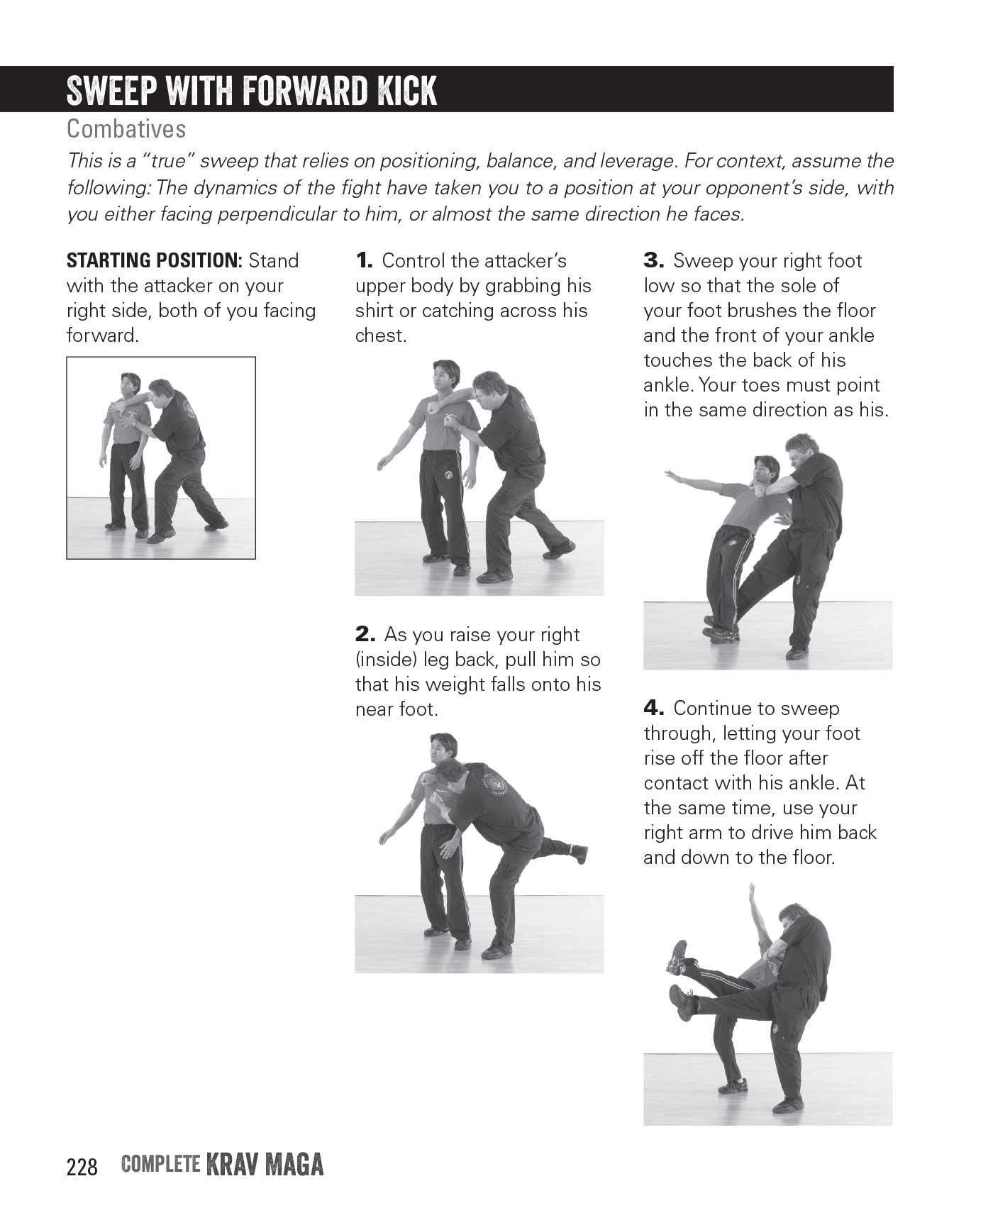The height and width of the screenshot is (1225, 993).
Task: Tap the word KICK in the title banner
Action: point(404,91)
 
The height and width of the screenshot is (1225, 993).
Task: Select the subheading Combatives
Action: point(126,129)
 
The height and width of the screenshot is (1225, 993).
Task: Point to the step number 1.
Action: point(364,261)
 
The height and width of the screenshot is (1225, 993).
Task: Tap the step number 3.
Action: point(653,261)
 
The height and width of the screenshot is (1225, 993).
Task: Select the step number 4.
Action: point(653,709)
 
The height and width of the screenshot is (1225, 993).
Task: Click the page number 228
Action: point(82,1167)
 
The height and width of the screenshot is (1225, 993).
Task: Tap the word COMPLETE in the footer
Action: point(160,1165)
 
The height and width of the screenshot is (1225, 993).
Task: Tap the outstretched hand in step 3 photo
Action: point(669,473)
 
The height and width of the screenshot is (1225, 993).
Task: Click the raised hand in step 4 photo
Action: point(751,890)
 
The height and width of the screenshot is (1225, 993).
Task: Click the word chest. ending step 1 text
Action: point(381,336)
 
